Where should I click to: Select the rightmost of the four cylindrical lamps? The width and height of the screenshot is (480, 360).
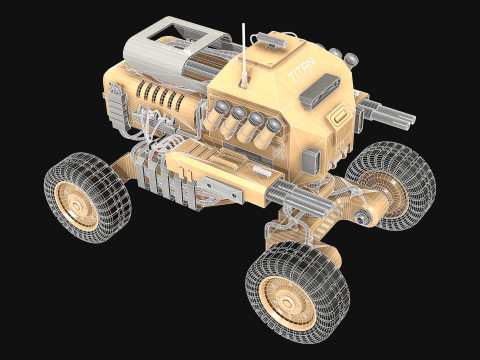[x=270, y=124]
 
